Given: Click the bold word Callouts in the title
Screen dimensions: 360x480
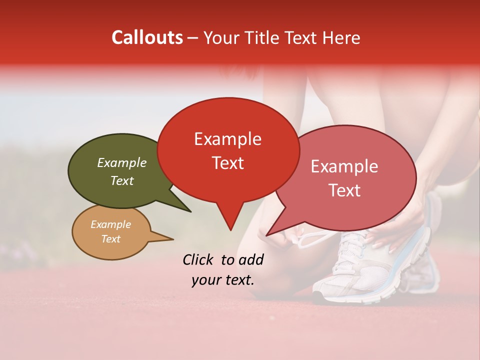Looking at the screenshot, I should tap(147, 37).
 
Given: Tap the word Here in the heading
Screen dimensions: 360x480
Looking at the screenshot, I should tap(341, 37).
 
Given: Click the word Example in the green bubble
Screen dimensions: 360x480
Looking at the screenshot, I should tap(121, 163).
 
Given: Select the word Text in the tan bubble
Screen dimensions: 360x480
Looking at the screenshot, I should tap(111, 239).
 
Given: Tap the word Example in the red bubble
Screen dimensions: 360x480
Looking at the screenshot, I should tap(227, 139).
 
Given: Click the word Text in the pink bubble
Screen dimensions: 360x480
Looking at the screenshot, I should tap(344, 190).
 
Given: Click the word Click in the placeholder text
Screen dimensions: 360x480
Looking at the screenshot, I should tap(198, 259).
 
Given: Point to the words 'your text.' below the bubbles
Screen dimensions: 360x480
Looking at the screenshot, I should tap(222, 280).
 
